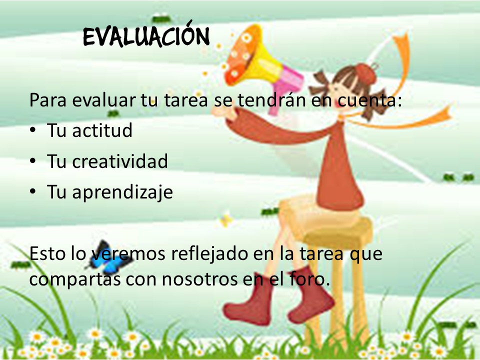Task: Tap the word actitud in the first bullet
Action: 102,130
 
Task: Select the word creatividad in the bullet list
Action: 120,160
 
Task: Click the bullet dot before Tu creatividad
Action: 33,160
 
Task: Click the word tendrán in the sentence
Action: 271,99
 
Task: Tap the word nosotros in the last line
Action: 199,279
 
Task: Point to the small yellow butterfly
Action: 226,219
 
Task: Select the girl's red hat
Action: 366,74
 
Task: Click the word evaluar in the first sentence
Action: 104,100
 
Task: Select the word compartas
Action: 74,279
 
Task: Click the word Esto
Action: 47,253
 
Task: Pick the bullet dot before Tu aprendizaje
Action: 33,191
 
